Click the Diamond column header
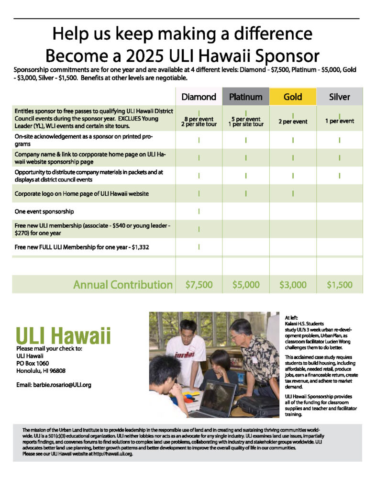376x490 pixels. pyautogui.click(x=199, y=97)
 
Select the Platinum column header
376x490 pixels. pyautogui.click(x=245, y=97)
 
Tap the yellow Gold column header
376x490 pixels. pyautogui.click(x=292, y=97)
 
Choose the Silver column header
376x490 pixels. pyautogui.click(x=339, y=97)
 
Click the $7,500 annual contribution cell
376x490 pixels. pyautogui.click(x=199, y=285)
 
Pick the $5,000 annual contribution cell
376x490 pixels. pyautogui.click(x=245, y=285)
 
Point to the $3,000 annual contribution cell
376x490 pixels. pyautogui.click(x=292, y=285)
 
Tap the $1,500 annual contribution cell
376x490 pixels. pyautogui.click(x=339, y=285)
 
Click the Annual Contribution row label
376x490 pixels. pyautogui.click(x=122, y=285)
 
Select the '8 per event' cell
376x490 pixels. pyautogui.click(x=199, y=119)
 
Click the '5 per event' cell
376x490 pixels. pyautogui.click(x=245, y=119)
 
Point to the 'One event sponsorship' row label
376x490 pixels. pyautogui.click(x=44, y=211)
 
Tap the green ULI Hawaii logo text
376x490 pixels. pyautogui.click(x=63, y=335)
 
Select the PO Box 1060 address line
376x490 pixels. pyautogui.click(x=34, y=363)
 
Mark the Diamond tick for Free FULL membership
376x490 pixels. pyautogui.click(x=199, y=247)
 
